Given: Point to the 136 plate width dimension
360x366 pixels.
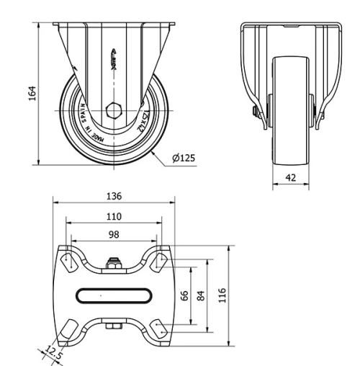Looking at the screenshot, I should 114,195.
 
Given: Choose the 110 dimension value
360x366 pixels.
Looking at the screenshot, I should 114,215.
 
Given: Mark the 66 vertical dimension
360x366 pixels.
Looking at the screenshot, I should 184,295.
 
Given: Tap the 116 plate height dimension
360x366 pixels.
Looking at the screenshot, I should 222,295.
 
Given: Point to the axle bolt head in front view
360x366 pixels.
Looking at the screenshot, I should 255,111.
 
